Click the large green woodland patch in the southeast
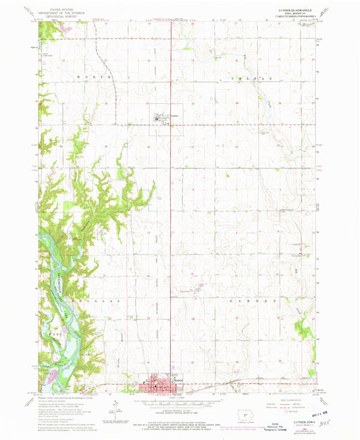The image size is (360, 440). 305,330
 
